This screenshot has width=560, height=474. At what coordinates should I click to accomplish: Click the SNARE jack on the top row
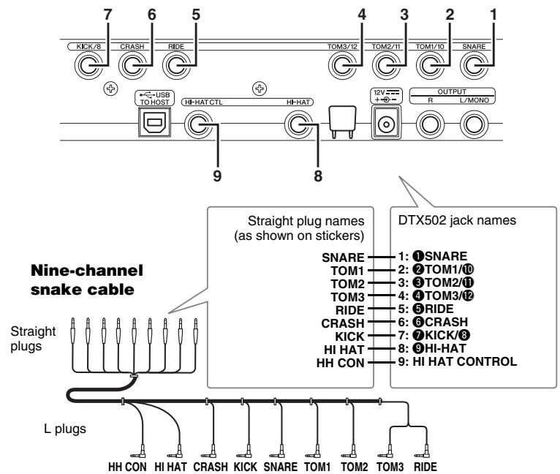(474, 66)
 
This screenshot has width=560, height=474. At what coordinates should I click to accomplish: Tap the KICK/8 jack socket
(88, 66)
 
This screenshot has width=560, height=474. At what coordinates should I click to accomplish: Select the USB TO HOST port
(155, 122)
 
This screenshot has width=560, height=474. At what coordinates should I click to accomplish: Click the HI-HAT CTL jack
(198, 124)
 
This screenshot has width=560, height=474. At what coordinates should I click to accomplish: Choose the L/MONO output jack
(474, 124)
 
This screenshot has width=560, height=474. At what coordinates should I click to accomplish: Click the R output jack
(430, 124)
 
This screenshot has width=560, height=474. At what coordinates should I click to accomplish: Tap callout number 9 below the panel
(217, 176)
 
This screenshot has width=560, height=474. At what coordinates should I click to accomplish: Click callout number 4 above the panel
(361, 15)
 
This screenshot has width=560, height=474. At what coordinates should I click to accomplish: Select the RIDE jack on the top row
(176, 66)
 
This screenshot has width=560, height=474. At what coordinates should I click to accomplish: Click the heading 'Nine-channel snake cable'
(87, 280)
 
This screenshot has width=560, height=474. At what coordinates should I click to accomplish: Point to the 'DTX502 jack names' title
(457, 220)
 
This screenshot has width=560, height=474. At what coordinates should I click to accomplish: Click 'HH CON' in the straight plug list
(341, 363)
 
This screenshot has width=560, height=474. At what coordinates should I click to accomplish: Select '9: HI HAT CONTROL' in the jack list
(458, 361)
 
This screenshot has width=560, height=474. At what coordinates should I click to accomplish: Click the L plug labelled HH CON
(140, 451)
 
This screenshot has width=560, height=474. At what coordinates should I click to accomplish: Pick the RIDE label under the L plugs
(425, 467)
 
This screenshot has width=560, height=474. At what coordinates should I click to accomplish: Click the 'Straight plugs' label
(33, 339)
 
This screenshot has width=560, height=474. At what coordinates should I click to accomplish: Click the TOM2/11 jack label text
(386, 47)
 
